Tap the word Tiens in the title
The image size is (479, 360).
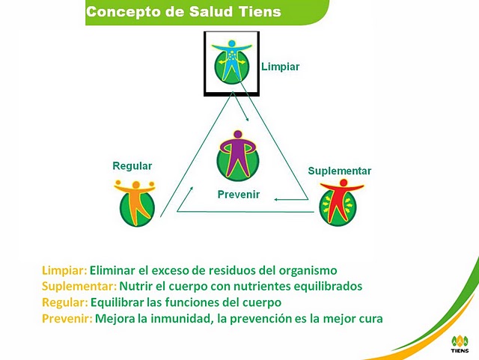coord(261,11)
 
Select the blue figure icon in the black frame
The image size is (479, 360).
coord(232,61)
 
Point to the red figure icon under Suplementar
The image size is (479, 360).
coord(339,202)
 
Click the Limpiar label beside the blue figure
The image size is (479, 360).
coord(281,67)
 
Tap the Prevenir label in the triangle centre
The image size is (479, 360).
coord(238,195)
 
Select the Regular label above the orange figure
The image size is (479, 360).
coord(132,165)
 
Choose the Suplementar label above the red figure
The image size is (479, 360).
coord(339,171)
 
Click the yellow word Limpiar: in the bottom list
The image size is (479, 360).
coord(64,270)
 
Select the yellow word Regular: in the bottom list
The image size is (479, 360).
coord(64,302)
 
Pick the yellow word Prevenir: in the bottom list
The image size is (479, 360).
coord(67,319)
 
